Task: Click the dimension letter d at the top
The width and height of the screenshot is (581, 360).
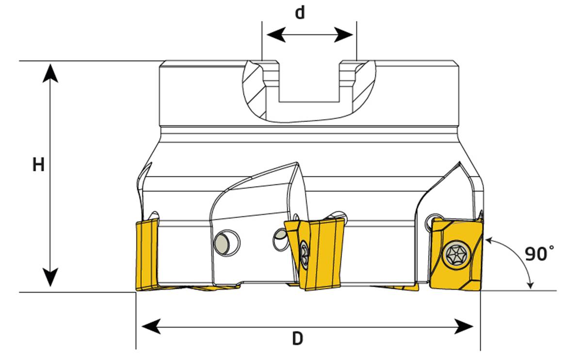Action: pyautogui.click(x=300, y=13)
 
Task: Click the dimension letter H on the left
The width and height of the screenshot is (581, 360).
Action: pyautogui.click(x=38, y=165)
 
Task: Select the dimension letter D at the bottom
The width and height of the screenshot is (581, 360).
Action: pyautogui.click(x=297, y=339)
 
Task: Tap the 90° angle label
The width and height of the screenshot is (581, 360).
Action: pyautogui.click(x=539, y=253)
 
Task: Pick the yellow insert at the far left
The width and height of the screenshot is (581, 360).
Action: pyautogui.click(x=147, y=254)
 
